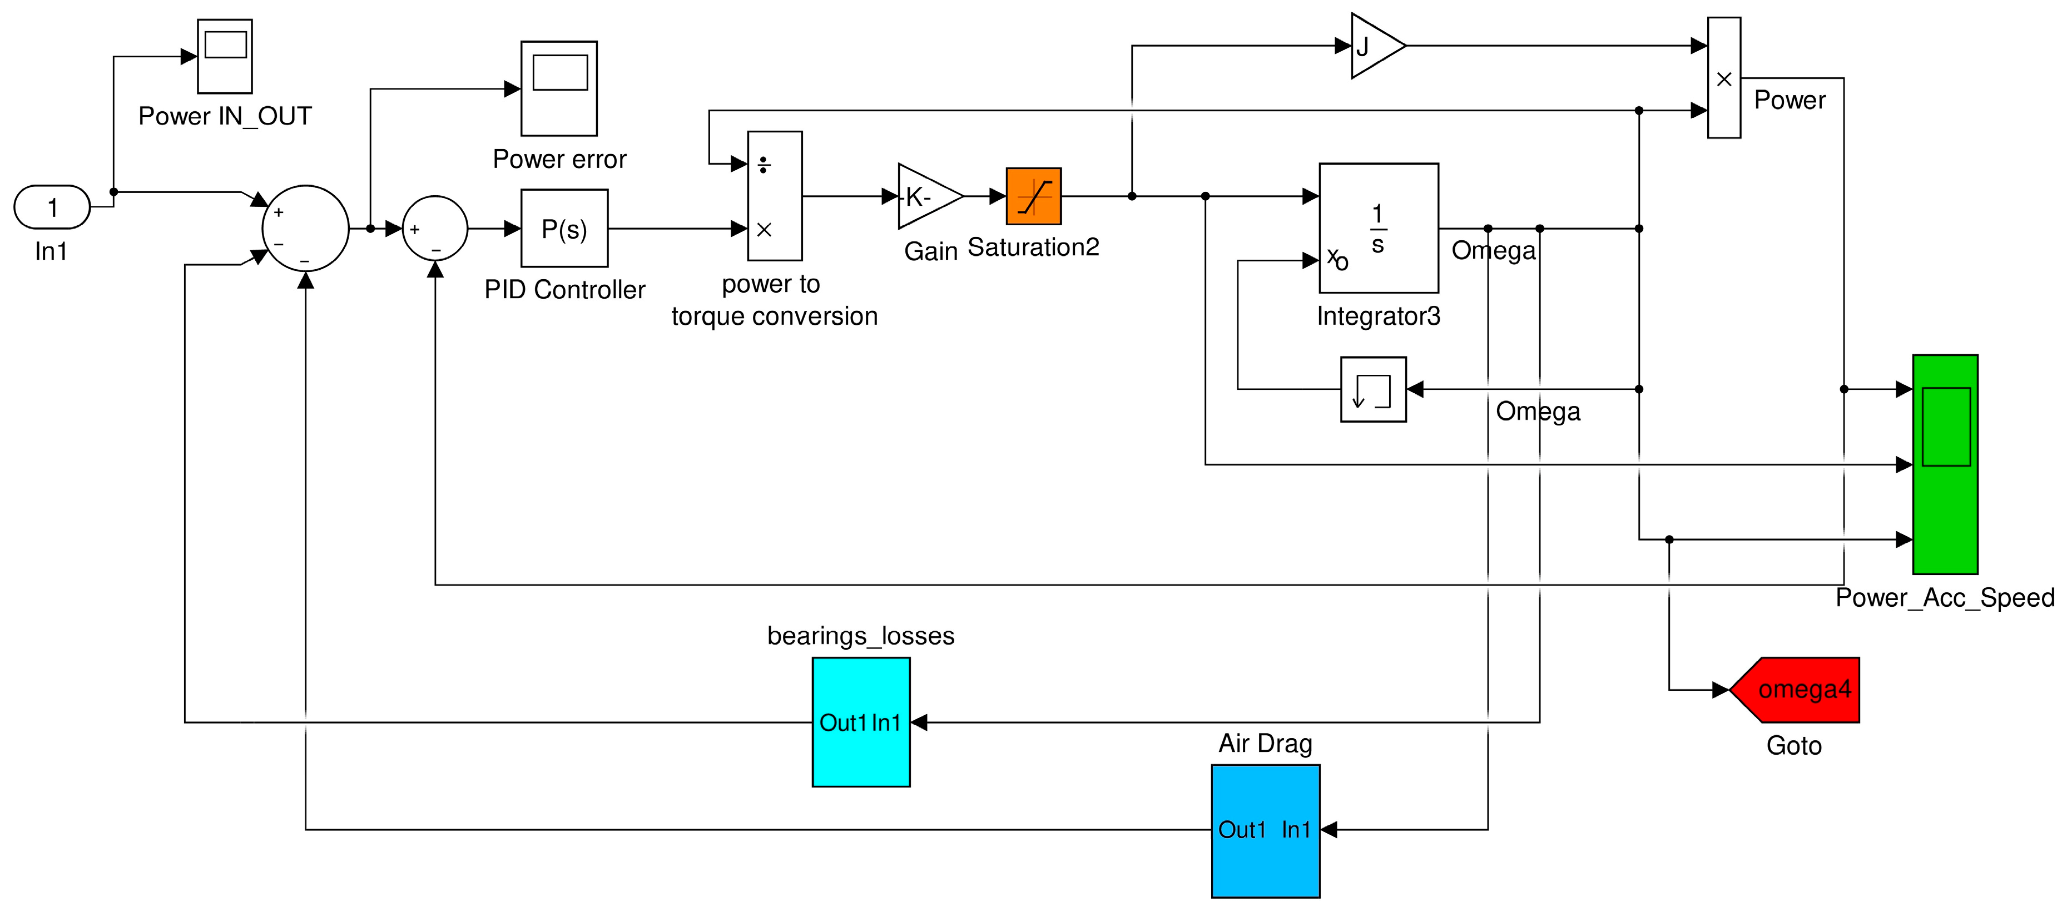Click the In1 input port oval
(x=52, y=207)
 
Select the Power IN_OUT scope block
(x=225, y=56)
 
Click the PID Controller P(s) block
(x=564, y=229)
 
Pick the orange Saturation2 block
(x=1033, y=196)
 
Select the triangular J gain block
(x=1373, y=46)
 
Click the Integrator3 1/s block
(x=1379, y=229)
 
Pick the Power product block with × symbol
(x=1723, y=78)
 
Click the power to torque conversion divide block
(x=774, y=196)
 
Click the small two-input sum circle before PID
(x=434, y=229)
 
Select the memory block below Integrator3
(x=1373, y=389)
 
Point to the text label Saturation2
(x=1033, y=247)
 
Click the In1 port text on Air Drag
(x=1295, y=830)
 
